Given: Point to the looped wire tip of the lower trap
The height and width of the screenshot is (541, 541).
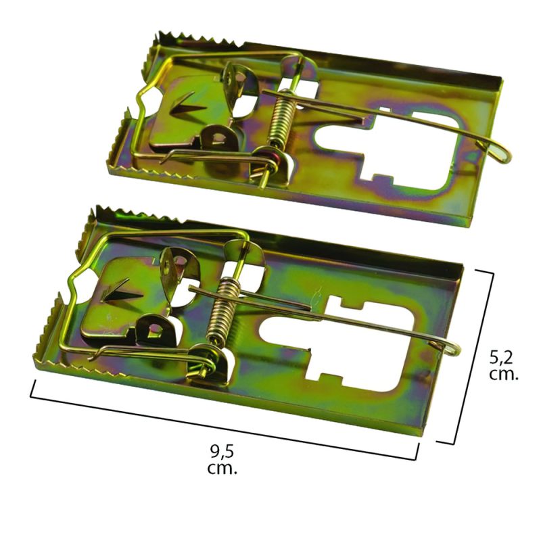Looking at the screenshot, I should (451, 348).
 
